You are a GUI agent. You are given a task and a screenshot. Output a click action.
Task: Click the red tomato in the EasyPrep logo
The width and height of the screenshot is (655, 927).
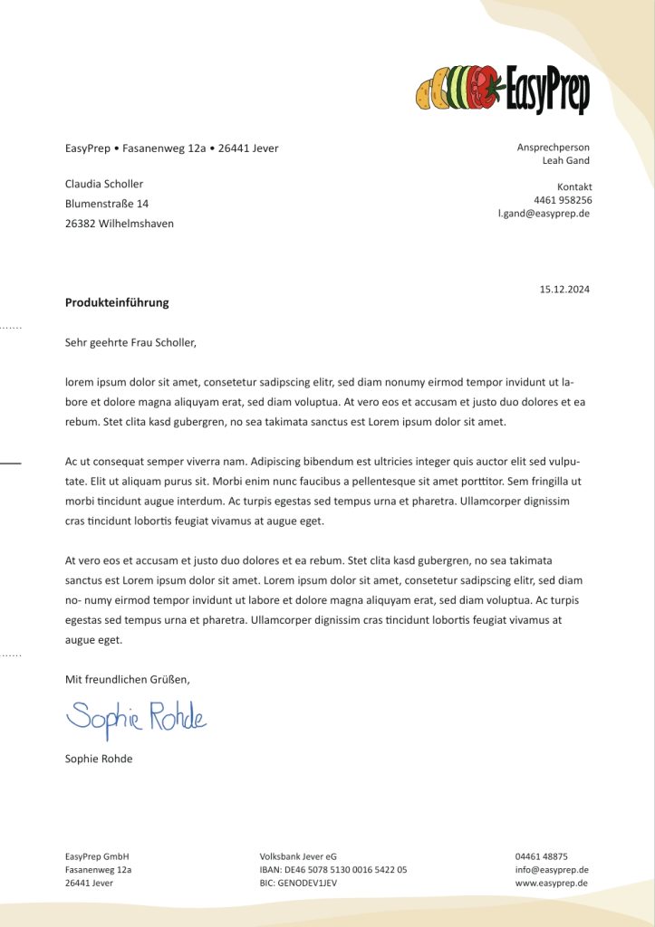click(x=486, y=87)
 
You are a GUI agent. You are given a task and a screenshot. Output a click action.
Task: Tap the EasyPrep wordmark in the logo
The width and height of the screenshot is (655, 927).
click(x=547, y=91)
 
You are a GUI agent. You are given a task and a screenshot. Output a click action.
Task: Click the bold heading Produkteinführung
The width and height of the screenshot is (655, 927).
click(x=117, y=302)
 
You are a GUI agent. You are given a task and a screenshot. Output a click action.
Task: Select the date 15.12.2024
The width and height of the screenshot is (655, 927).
click(x=564, y=290)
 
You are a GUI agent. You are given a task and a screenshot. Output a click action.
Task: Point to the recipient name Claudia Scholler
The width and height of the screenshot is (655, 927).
click(x=104, y=184)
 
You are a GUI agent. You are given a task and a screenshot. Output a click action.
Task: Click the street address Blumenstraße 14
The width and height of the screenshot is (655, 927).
click(x=107, y=204)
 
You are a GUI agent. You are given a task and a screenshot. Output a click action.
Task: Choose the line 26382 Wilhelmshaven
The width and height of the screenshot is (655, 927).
click(x=120, y=224)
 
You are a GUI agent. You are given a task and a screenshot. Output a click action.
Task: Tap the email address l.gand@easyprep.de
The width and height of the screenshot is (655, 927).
click(x=544, y=214)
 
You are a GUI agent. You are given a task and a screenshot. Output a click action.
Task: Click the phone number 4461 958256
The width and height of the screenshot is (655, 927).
click(x=563, y=200)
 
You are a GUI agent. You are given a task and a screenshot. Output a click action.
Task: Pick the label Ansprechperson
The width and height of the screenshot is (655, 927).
click(x=553, y=147)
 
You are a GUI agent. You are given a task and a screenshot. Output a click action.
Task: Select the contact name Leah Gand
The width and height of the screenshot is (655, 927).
click(x=565, y=160)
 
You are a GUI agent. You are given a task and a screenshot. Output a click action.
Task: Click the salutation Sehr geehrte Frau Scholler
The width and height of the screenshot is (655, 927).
click(x=130, y=343)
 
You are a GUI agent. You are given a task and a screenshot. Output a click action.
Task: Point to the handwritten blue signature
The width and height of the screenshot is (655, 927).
click(x=136, y=718)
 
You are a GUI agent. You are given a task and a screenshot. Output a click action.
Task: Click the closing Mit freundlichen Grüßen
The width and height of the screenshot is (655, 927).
click(x=128, y=678)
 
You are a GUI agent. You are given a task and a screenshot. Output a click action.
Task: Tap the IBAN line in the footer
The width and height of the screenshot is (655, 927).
click(x=332, y=869)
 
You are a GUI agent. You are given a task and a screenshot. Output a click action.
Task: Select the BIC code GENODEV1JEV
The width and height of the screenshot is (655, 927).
click(x=298, y=883)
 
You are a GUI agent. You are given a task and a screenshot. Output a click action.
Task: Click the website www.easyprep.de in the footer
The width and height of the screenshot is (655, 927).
click(x=552, y=883)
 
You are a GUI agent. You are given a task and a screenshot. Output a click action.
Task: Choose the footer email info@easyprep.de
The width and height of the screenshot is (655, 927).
click(x=552, y=869)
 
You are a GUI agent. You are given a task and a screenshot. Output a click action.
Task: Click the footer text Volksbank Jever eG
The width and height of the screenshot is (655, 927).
click(x=298, y=855)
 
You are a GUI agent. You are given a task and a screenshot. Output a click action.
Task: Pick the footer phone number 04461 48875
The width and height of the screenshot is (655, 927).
click(x=541, y=855)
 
